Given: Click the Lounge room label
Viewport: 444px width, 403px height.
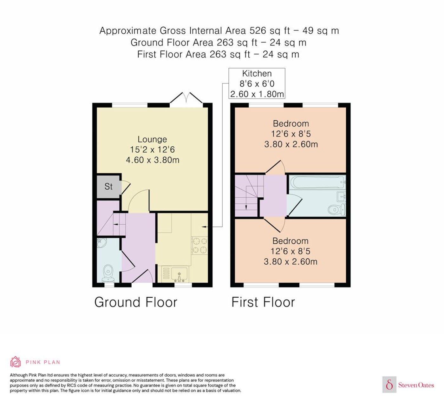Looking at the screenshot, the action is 152,139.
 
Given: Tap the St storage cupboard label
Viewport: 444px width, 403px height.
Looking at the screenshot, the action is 108,187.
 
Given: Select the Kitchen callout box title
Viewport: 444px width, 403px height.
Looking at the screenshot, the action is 257,74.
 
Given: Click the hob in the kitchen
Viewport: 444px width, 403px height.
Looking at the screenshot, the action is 199,246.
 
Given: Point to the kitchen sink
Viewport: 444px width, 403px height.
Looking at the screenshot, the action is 179,274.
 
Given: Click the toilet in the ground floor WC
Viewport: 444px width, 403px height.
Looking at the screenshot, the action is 108,273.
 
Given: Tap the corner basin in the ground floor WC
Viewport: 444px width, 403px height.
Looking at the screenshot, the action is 102,243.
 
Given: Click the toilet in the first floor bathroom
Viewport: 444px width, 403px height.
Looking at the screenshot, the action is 336,209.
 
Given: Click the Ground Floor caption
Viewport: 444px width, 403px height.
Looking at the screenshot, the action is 136,302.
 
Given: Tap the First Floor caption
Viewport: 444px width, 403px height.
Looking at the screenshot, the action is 263,302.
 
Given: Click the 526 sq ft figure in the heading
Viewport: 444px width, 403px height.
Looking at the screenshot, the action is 270,30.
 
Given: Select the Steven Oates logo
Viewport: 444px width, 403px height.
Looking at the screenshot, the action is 408,384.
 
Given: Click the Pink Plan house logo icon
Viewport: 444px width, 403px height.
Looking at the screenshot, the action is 16,362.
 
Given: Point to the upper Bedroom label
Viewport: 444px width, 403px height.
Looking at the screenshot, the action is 291,124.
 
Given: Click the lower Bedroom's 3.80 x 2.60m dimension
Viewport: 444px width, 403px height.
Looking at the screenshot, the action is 291,262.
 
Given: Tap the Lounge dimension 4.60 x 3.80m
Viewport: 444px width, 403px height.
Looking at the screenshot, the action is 153,160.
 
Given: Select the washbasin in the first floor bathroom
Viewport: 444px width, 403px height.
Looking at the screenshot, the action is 341,196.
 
